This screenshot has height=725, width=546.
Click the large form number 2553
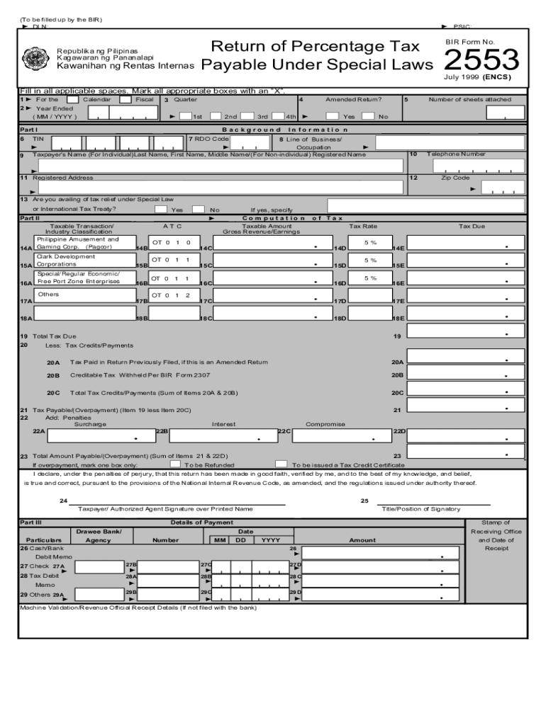481,60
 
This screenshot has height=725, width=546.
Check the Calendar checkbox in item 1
72,100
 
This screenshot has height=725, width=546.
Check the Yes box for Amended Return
332,116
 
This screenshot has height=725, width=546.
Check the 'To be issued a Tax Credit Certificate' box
281,464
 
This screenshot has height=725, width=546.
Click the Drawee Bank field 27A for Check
99,567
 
